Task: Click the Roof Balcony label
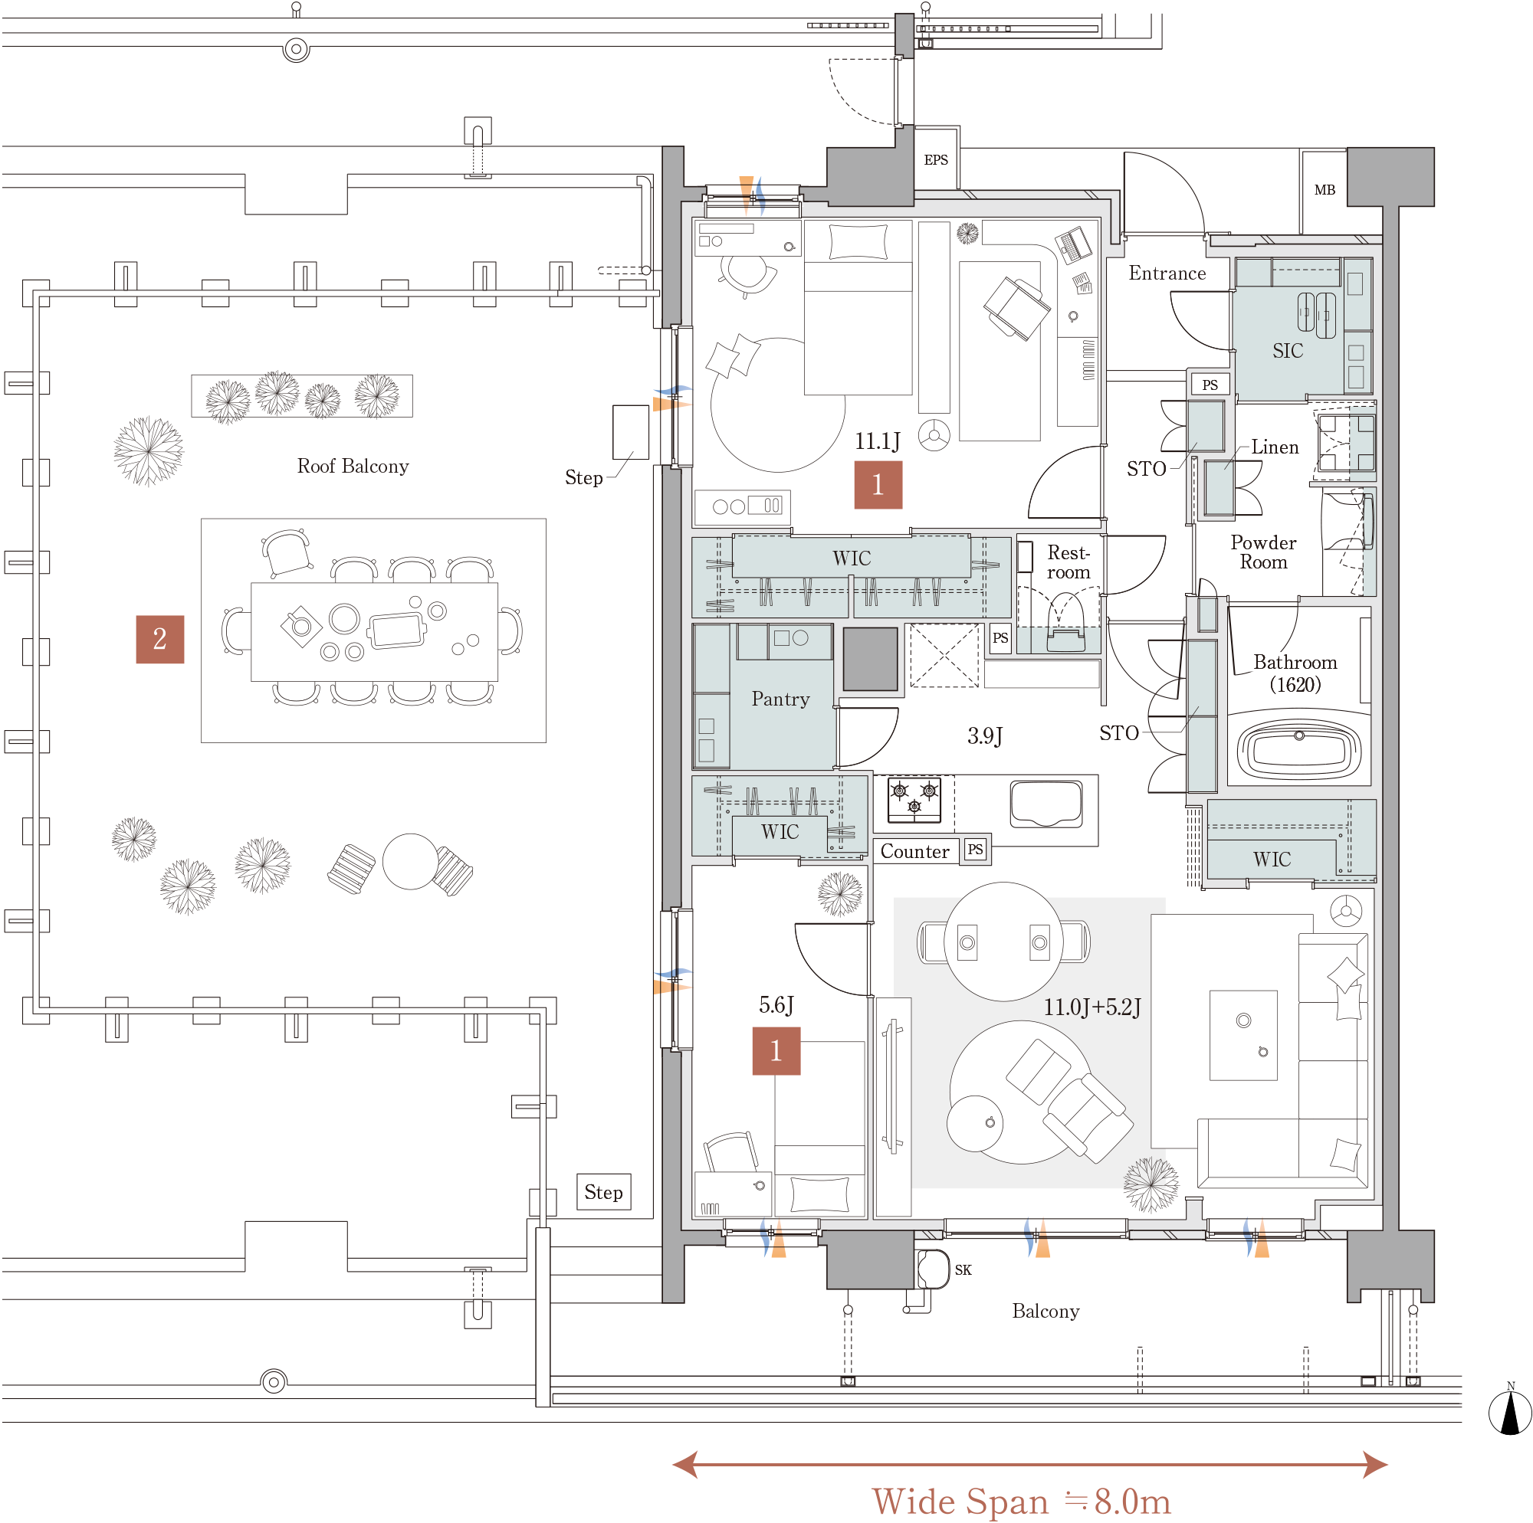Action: (353, 467)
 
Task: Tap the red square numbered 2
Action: (160, 640)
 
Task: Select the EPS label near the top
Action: (937, 160)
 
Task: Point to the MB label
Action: (1325, 189)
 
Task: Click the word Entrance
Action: (1167, 273)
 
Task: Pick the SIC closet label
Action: (1288, 351)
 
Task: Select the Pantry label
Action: (781, 699)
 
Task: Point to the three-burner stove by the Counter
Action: (914, 800)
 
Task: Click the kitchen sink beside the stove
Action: (1046, 804)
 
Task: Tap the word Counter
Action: (915, 851)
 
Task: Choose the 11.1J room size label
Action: (878, 442)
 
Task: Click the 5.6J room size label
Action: (776, 1006)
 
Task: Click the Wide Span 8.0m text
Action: (1021, 1501)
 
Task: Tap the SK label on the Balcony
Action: (963, 1270)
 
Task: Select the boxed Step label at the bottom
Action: (604, 1192)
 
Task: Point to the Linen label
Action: (1275, 447)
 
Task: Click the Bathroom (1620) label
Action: (1295, 673)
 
